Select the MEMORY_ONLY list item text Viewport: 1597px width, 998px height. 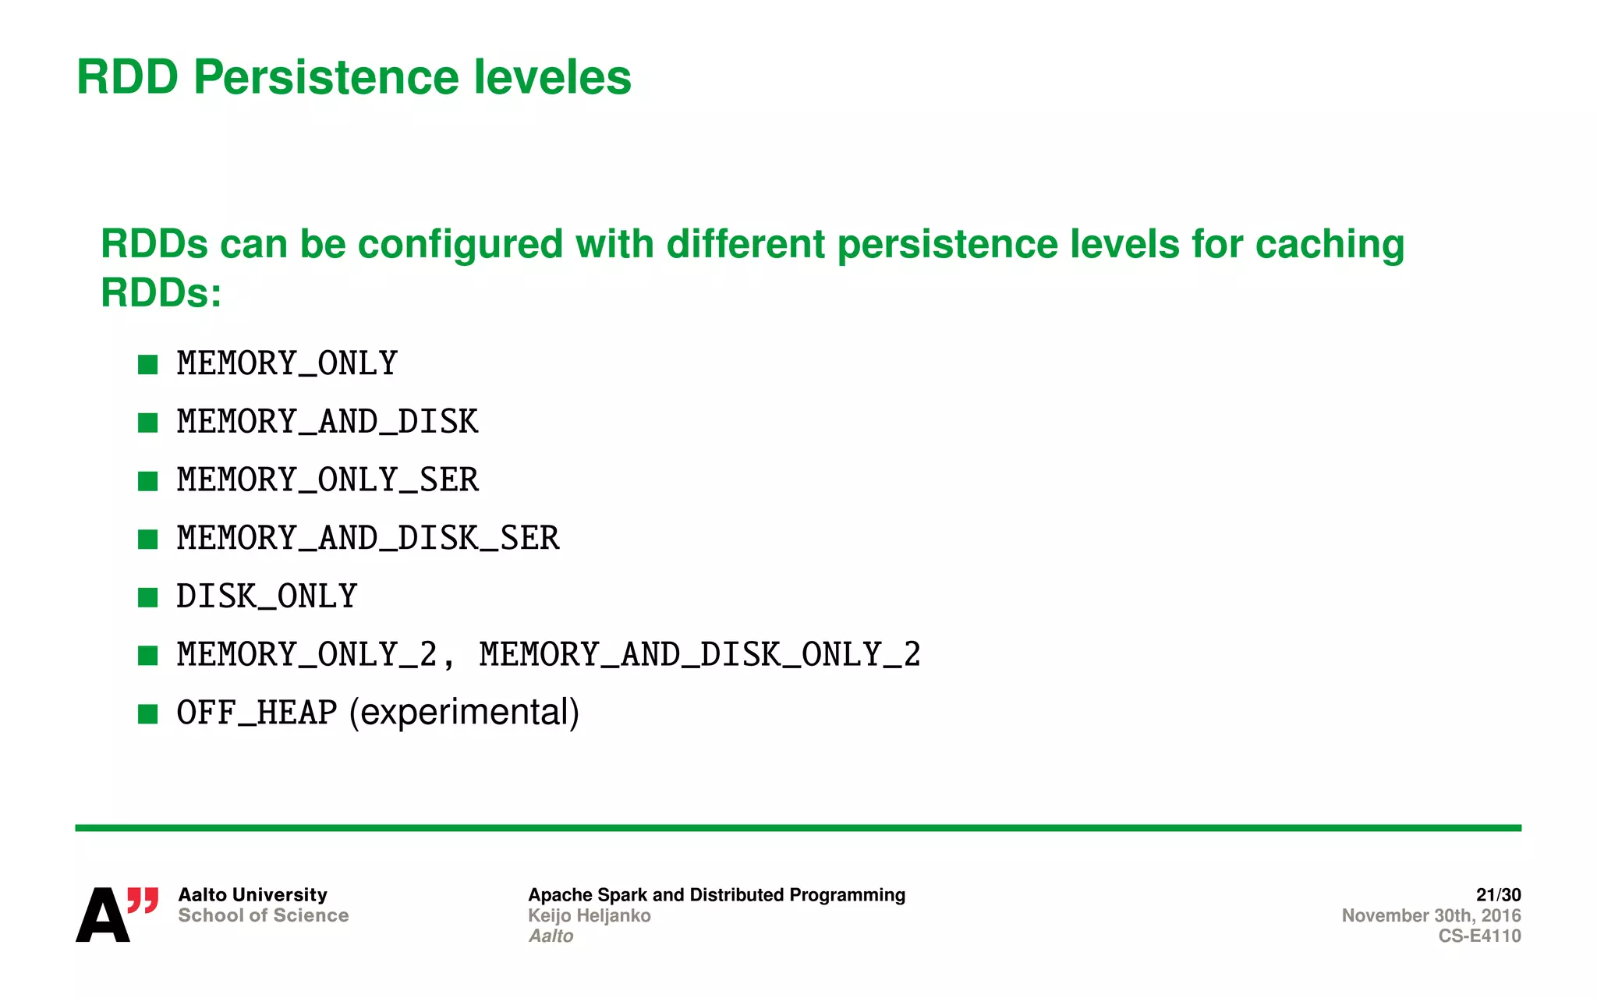pos(287,364)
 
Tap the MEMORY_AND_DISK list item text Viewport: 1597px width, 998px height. pos(328,423)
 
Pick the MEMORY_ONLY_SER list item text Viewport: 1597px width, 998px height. pos(328,480)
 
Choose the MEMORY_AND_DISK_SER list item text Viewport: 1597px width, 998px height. pos(368,539)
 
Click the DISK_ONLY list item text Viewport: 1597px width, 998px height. pos(267,597)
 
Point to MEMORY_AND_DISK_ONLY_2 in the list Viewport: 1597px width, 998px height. pos(699,655)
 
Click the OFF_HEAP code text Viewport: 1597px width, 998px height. pos(257,713)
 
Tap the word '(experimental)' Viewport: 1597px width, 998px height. pos(464,713)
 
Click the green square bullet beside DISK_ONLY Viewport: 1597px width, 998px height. pos(147,598)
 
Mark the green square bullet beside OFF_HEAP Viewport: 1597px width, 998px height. pos(147,714)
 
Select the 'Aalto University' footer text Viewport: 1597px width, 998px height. pos(253,895)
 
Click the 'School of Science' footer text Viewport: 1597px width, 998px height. pos(263,915)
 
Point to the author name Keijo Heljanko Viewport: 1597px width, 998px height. pos(589,915)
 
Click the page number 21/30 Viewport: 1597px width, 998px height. pos(1498,895)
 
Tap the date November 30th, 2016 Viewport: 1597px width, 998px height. pos(1431,915)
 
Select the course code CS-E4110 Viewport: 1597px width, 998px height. pos(1479,936)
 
